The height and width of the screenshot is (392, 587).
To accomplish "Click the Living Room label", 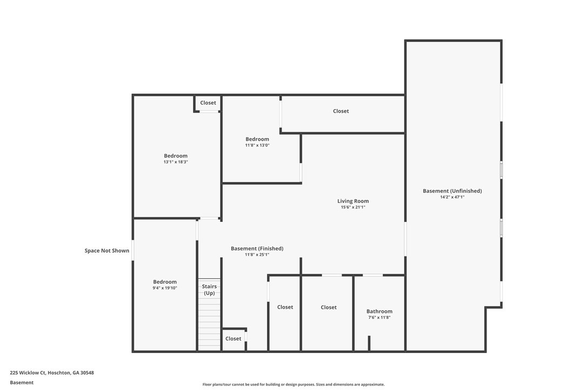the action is pyautogui.click(x=353, y=201).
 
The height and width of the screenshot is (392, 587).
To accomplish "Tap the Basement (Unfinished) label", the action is pyautogui.click(x=452, y=191).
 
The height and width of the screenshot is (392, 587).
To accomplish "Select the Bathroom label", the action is pyautogui.click(x=379, y=311).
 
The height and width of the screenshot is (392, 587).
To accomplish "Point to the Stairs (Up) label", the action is pyautogui.click(x=209, y=290).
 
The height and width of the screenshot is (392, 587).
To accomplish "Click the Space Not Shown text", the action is pyautogui.click(x=106, y=251).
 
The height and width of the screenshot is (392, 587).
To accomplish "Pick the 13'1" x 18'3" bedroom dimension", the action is pyautogui.click(x=176, y=162).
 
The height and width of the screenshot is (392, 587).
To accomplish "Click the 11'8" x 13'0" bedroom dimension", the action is pyautogui.click(x=257, y=145).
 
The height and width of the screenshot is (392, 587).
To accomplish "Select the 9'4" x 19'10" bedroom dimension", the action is pyautogui.click(x=165, y=288).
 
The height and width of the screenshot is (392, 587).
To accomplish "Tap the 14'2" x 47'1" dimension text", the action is pyautogui.click(x=452, y=197).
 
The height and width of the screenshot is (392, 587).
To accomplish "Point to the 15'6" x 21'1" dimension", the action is pyautogui.click(x=353, y=207).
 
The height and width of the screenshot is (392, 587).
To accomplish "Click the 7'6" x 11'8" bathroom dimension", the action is pyautogui.click(x=379, y=317).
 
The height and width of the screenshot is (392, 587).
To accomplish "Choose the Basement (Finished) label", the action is pyautogui.click(x=257, y=249).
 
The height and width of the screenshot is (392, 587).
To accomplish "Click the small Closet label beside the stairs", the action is pyautogui.click(x=233, y=339).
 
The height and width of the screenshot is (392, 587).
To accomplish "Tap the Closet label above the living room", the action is pyautogui.click(x=341, y=111).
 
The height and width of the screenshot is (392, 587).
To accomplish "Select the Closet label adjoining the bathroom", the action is pyautogui.click(x=328, y=307).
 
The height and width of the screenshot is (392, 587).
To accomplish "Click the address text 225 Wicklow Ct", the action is pyautogui.click(x=28, y=373).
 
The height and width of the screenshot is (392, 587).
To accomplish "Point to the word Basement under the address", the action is pyautogui.click(x=22, y=383).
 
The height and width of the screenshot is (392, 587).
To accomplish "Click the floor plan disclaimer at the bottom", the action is pyautogui.click(x=293, y=384).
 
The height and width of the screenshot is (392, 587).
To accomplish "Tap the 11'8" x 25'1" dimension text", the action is pyautogui.click(x=257, y=254).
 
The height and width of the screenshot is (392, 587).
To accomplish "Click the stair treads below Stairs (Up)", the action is pyautogui.click(x=209, y=324).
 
